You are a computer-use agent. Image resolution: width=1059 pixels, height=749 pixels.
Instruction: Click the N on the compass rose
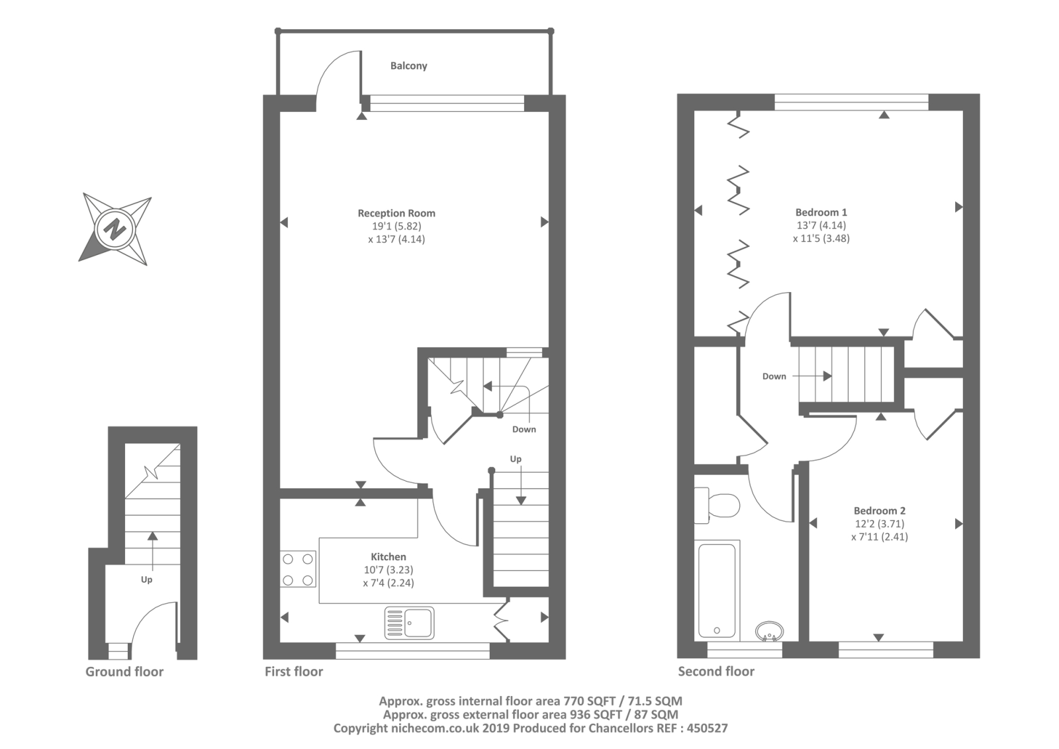[115, 230]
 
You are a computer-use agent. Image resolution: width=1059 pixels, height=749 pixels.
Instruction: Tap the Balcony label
[408, 66]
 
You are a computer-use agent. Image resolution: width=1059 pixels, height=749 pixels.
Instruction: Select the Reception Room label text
[396, 213]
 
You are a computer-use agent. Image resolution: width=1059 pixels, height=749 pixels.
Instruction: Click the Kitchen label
[388, 557]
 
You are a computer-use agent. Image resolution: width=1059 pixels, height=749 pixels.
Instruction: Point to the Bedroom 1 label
[821, 213]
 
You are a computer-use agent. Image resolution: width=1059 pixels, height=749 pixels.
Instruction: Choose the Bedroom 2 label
[880, 511]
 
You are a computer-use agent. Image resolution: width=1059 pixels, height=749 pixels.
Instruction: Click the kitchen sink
[409, 623]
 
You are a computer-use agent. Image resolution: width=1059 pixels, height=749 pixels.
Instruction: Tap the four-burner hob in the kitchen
[298, 570]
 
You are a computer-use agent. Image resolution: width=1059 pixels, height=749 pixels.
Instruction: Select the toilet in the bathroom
[717, 506]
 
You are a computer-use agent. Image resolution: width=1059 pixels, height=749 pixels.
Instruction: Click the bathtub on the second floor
[717, 591]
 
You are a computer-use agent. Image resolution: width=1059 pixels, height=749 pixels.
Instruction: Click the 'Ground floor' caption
[124, 672]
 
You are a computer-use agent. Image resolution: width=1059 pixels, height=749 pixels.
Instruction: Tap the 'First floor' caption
[294, 672]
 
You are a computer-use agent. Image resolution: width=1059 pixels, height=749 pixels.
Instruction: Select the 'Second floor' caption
[715, 672]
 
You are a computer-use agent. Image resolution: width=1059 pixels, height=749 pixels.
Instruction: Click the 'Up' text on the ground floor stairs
[146, 580]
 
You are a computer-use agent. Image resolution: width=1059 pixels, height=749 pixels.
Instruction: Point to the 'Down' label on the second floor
[774, 377]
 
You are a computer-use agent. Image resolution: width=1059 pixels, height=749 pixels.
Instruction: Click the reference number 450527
[707, 728]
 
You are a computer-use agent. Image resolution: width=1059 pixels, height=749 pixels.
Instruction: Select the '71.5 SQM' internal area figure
[655, 701]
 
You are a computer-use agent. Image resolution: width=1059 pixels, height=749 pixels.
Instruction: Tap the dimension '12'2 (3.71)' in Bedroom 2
[880, 524]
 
